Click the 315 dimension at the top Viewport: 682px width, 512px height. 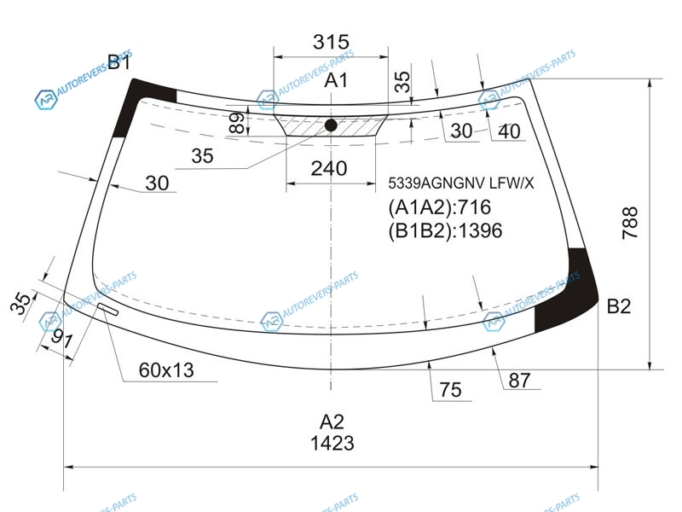click(x=331, y=42)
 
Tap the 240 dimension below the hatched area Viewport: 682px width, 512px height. click(x=329, y=168)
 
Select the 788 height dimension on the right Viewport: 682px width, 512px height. click(x=630, y=223)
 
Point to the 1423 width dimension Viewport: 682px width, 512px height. click(x=332, y=443)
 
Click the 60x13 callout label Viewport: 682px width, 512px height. click(x=166, y=370)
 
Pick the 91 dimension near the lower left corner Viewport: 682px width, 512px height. click(x=61, y=338)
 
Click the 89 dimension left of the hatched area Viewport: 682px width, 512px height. click(x=236, y=123)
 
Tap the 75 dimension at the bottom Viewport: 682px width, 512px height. click(x=450, y=390)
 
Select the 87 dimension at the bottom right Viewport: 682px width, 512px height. click(x=519, y=380)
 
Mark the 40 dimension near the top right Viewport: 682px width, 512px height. click(x=509, y=131)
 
